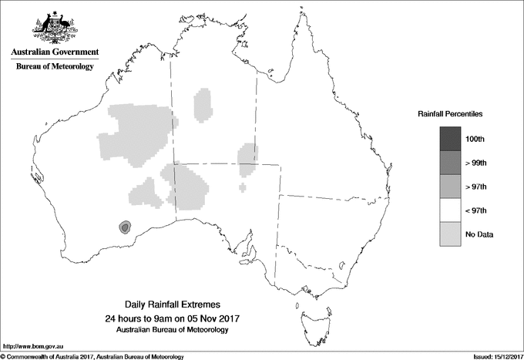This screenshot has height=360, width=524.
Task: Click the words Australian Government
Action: (x=54, y=52)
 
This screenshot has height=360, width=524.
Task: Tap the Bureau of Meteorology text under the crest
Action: (x=54, y=67)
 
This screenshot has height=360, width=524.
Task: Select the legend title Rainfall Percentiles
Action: (x=450, y=113)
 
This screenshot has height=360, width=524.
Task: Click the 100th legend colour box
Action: (x=450, y=139)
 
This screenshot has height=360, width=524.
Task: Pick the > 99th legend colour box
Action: (x=450, y=163)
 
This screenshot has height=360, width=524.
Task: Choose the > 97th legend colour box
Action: (x=450, y=187)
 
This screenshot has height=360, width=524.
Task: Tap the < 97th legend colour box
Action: (x=450, y=210)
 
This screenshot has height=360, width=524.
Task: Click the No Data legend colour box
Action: (x=450, y=234)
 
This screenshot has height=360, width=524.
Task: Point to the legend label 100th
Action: (x=475, y=140)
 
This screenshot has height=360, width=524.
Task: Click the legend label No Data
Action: (x=479, y=234)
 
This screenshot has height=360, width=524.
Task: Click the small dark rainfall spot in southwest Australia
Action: (x=124, y=227)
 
